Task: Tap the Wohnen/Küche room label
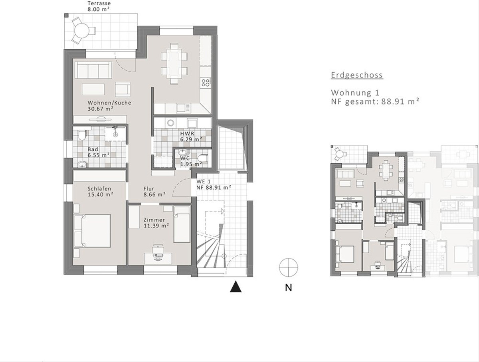point(109,105)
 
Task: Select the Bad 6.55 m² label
point(98,152)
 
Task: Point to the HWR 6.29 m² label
point(190,136)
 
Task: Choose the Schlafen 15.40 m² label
point(100,192)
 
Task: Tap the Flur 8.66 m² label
point(154,192)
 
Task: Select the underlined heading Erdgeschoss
point(357,75)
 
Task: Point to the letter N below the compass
point(288,287)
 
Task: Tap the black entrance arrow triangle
point(236,287)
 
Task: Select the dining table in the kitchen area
point(174,63)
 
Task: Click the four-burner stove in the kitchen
point(206,83)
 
